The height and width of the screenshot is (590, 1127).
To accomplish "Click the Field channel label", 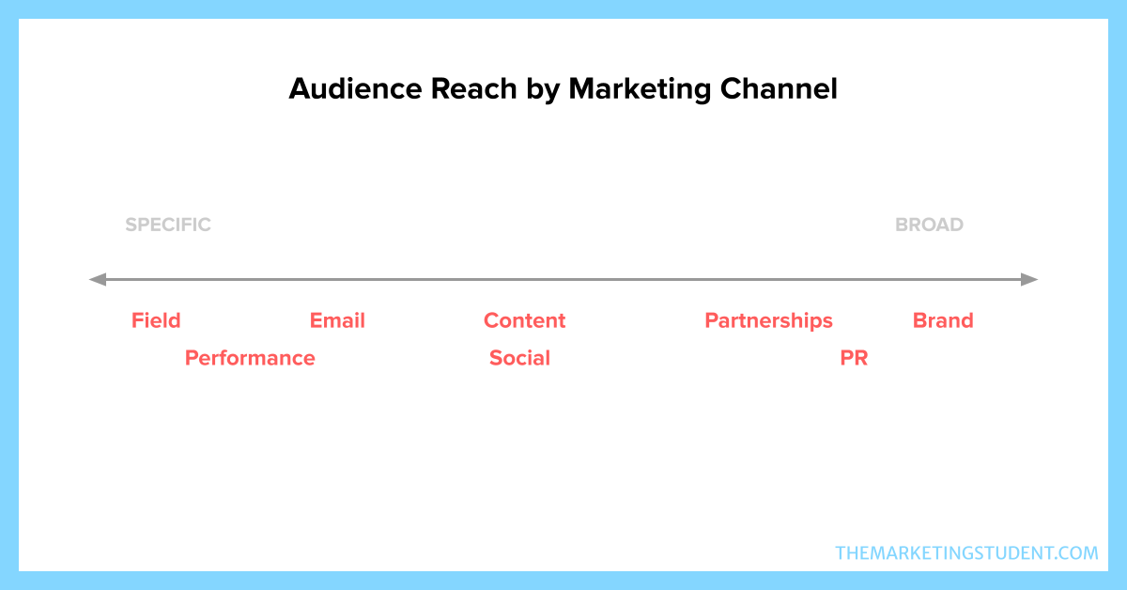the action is pos(156,320).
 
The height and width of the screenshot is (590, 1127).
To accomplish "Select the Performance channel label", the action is pos(250,358).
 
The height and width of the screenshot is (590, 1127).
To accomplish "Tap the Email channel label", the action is pos(337,320).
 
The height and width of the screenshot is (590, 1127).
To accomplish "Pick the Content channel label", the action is pos(525,320).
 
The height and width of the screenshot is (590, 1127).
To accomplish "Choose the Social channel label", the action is pos(519,358).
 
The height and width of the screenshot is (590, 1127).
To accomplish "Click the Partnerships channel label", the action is pos(769,321).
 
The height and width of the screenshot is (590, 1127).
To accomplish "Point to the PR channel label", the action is pos(854,358).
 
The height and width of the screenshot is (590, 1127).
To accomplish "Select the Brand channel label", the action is pos(943,320).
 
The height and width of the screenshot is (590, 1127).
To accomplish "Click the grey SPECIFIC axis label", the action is pos(168,225).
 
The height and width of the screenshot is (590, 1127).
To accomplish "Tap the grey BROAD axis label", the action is pos(929,225).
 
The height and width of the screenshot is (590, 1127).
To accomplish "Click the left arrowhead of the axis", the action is pos(98,279).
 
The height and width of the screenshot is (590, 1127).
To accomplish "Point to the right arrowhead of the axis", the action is pos(1029,279).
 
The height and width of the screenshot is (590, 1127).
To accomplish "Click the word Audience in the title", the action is pos(355,88).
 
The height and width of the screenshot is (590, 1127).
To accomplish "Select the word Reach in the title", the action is pos(474,88).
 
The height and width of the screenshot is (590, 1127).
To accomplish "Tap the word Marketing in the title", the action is pos(640,89).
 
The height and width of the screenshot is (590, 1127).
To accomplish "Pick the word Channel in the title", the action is pos(779,88).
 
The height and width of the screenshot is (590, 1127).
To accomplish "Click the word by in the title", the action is pos(543,90).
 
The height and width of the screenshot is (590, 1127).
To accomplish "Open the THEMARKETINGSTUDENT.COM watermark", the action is pos(966,553).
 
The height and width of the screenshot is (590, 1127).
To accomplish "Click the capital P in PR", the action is pos(847,358).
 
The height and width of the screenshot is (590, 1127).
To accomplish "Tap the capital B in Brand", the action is pos(920,320).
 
